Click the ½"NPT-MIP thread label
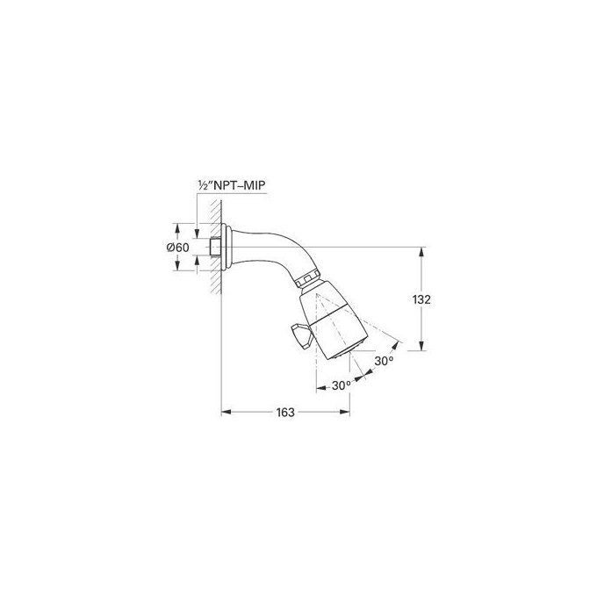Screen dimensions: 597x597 [x=231, y=186]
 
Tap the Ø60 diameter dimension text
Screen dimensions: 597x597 [x=178, y=248]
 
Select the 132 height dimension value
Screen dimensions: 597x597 [x=422, y=299]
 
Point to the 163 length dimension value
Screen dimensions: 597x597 [x=284, y=411]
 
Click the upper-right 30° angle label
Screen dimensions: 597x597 [x=384, y=361]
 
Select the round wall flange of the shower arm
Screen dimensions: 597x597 [x=230, y=247]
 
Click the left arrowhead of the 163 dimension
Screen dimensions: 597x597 [x=224, y=411]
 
